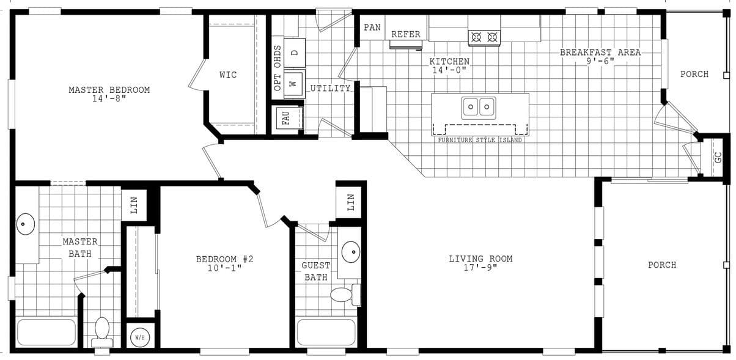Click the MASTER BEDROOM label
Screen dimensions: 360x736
[x=109, y=90]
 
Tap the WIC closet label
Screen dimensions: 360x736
[x=228, y=75]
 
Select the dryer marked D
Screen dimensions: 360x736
[x=294, y=53]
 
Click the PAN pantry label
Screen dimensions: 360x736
[x=372, y=28]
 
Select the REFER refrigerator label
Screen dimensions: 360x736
[x=406, y=34]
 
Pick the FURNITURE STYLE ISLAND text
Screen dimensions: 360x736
[x=480, y=140]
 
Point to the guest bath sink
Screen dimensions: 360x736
[x=351, y=251]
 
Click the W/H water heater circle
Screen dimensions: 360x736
[x=139, y=337]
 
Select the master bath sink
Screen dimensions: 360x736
[x=24, y=224]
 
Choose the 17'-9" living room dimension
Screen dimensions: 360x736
[x=480, y=268]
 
